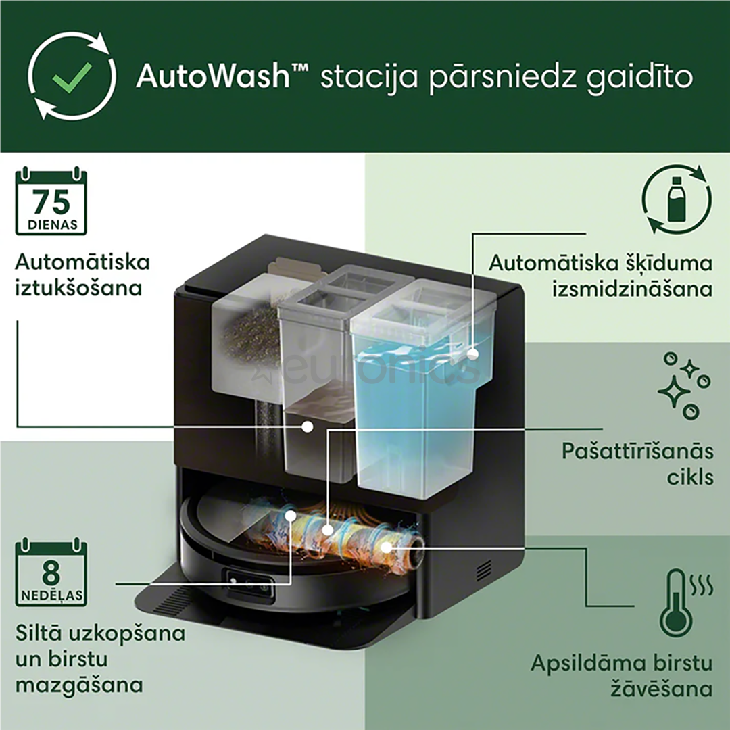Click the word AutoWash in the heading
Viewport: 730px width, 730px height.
click(x=212, y=77)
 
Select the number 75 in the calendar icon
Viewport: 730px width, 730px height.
click(x=51, y=201)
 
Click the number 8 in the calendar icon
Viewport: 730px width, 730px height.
click(x=51, y=573)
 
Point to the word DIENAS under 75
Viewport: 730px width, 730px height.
click(x=51, y=224)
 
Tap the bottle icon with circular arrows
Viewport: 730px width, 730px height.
click(x=676, y=201)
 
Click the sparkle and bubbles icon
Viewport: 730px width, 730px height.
click(x=684, y=385)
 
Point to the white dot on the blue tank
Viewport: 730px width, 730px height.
click(x=472, y=352)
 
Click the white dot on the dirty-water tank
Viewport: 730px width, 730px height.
click(x=308, y=427)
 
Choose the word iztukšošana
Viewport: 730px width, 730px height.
click(x=78, y=288)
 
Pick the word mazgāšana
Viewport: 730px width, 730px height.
click(x=78, y=684)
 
